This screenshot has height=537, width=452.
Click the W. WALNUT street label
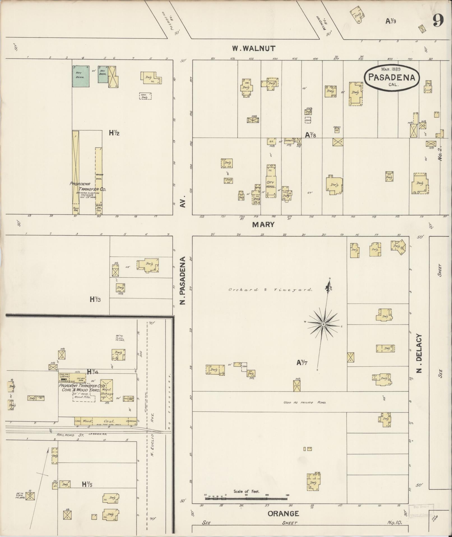point(254,49)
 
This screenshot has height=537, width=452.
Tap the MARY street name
point(263,225)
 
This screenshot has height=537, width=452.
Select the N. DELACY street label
point(419,353)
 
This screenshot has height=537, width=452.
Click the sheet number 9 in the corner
point(438,20)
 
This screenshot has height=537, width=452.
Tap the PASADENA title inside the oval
point(391,77)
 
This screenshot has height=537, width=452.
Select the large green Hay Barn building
point(81,76)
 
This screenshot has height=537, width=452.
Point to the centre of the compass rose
point(323,324)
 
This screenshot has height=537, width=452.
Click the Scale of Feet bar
point(246,499)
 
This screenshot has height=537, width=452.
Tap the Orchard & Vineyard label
point(270,290)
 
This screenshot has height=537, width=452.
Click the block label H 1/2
point(114,133)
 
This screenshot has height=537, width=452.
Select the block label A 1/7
point(302,363)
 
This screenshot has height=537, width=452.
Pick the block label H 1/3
point(95,299)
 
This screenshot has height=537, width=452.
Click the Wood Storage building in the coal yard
point(107,391)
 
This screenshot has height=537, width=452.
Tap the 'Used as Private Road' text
point(305,403)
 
